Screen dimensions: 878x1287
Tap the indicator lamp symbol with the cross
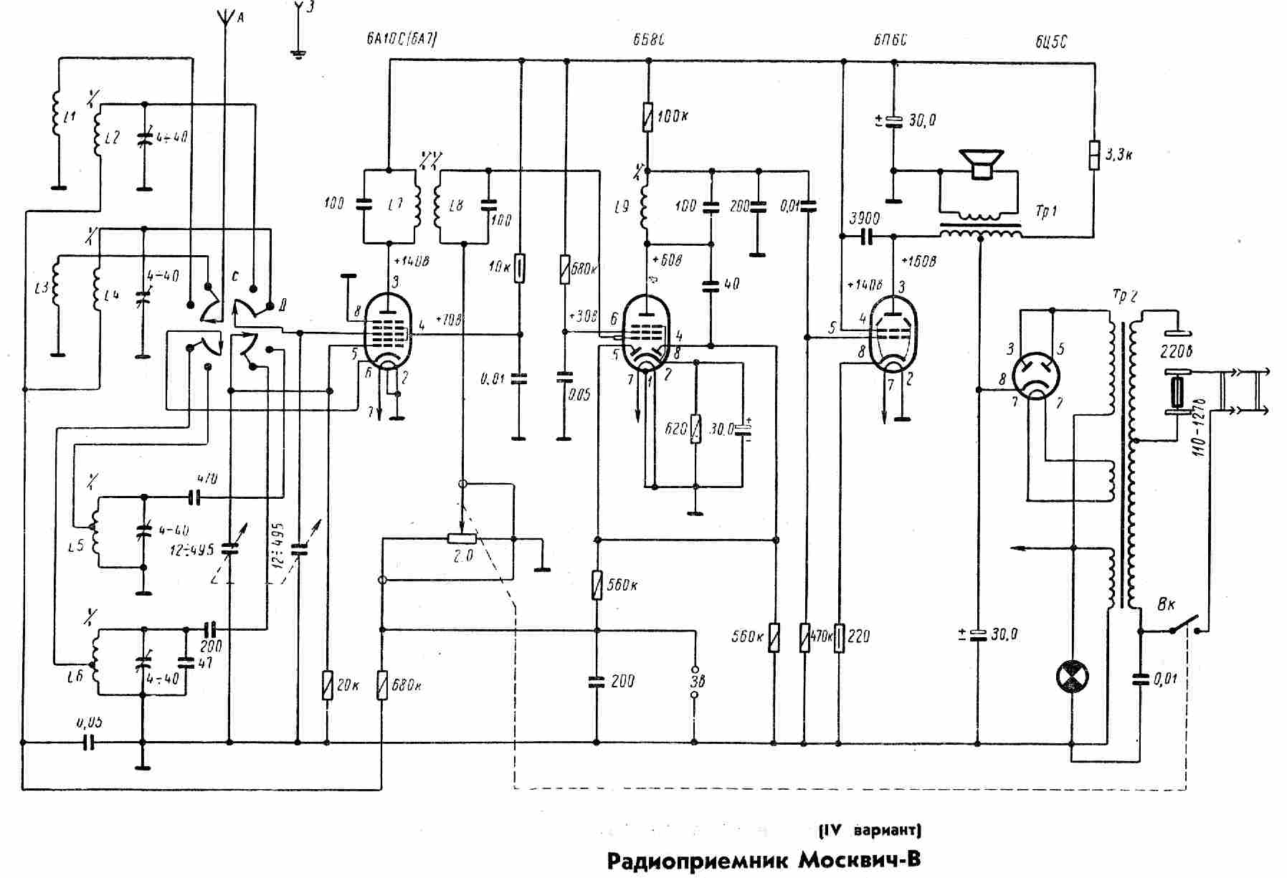coord(1073,677)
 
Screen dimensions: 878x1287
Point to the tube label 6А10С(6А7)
coord(396,40)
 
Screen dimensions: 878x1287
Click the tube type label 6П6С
coord(890,40)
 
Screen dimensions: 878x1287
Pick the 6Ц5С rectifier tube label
coord(1051,42)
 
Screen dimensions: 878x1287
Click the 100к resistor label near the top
coord(672,116)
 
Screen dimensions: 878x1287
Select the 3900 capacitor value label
coord(863,219)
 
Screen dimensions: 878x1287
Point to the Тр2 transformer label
coord(1124,296)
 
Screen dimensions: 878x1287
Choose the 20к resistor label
coord(347,685)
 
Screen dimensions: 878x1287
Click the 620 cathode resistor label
coord(677,430)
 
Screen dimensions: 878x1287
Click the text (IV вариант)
coord(870,831)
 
